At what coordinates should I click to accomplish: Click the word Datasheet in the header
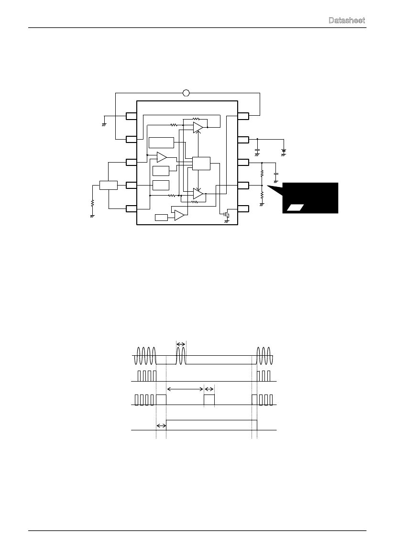[x=347, y=20]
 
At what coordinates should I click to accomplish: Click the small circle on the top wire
[x=186, y=93]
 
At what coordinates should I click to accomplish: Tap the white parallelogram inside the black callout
[x=295, y=208]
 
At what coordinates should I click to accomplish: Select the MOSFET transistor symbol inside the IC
[x=226, y=215]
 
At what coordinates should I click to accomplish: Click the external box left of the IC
[x=109, y=186]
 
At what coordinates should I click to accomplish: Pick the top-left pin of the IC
[x=132, y=116]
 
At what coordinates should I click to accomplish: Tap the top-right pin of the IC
[x=243, y=116]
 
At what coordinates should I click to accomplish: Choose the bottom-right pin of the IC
[x=243, y=208]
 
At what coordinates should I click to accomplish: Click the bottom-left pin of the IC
[x=132, y=208]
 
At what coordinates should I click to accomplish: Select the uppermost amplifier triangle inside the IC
[x=198, y=127]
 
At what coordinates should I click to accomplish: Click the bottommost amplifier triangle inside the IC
[x=179, y=215]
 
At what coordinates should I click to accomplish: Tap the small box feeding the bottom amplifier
[x=161, y=218]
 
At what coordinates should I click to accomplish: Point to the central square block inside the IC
[x=201, y=163]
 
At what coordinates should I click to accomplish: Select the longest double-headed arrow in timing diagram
[x=185, y=389]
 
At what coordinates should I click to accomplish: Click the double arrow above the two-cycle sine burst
[x=181, y=344]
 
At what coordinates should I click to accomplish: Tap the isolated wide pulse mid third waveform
[x=209, y=400]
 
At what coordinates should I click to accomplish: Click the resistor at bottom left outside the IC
[x=92, y=203]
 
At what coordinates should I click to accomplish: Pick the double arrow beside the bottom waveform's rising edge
[x=161, y=426]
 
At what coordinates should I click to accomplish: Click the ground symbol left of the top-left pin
[x=104, y=124]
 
